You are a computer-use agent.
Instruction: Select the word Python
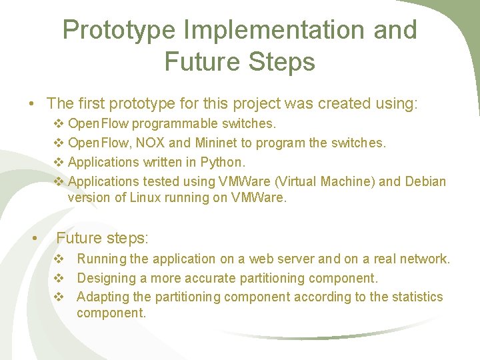[x=224, y=162]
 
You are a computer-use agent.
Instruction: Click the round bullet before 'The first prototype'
[x=31, y=104]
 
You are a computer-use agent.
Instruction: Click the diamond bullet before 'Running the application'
[x=59, y=259]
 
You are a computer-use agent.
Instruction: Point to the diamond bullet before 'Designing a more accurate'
[x=59, y=278]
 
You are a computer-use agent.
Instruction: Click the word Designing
[x=105, y=278]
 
